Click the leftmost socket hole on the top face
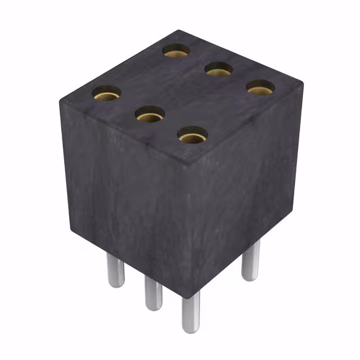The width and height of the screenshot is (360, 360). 106,93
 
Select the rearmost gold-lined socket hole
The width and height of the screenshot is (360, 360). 176,51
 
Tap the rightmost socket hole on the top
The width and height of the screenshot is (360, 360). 260,87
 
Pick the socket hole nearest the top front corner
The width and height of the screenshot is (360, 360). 192,135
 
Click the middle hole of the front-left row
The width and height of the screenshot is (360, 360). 150,115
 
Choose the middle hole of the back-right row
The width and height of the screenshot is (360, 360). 219,69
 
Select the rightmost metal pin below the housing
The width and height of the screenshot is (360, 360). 251,262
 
